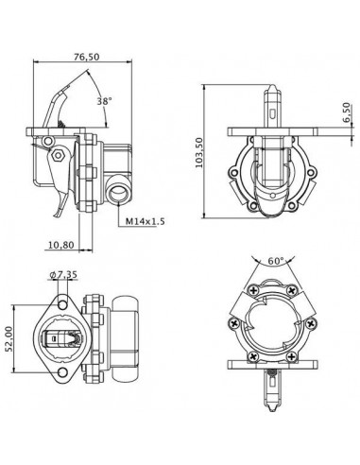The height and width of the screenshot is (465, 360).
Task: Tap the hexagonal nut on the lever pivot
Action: point(57,152)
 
